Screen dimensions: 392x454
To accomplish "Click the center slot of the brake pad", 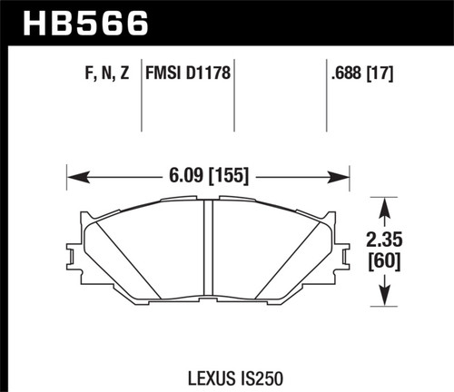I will pyautogui.click(x=208, y=254).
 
